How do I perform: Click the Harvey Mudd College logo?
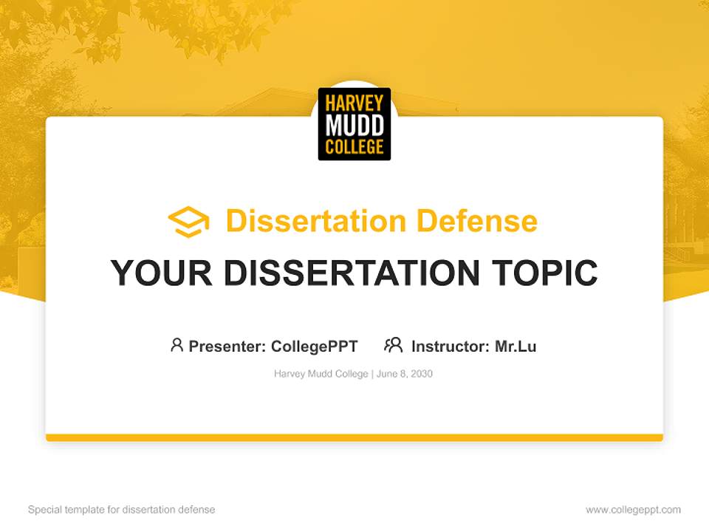pyautogui.click(x=354, y=124)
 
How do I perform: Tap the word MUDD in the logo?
pyautogui.click(x=354, y=125)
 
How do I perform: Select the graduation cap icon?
pyautogui.click(x=188, y=222)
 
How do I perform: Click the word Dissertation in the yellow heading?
pyautogui.click(x=316, y=221)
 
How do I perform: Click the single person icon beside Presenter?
pyautogui.click(x=177, y=345)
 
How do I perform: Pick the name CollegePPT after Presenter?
pyautogui.click(x=315, y=346)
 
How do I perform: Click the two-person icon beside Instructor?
pyautogui.click(x=393, y=345)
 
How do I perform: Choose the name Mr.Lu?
pyautogui.click(x=516, y=346)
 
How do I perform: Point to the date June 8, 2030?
pyautogui.click(x=405, y=374)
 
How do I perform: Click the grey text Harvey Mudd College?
pyautogui.click(x=321, y=374)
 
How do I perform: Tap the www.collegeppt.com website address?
pyautogui.click(x=633, y=510)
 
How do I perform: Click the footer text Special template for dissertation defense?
pyautogui.click(x=122, y=510)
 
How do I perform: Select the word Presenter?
pyautogui.click(x=227, y=346)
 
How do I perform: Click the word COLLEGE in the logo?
pyautogui.click(x=354, y=146)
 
